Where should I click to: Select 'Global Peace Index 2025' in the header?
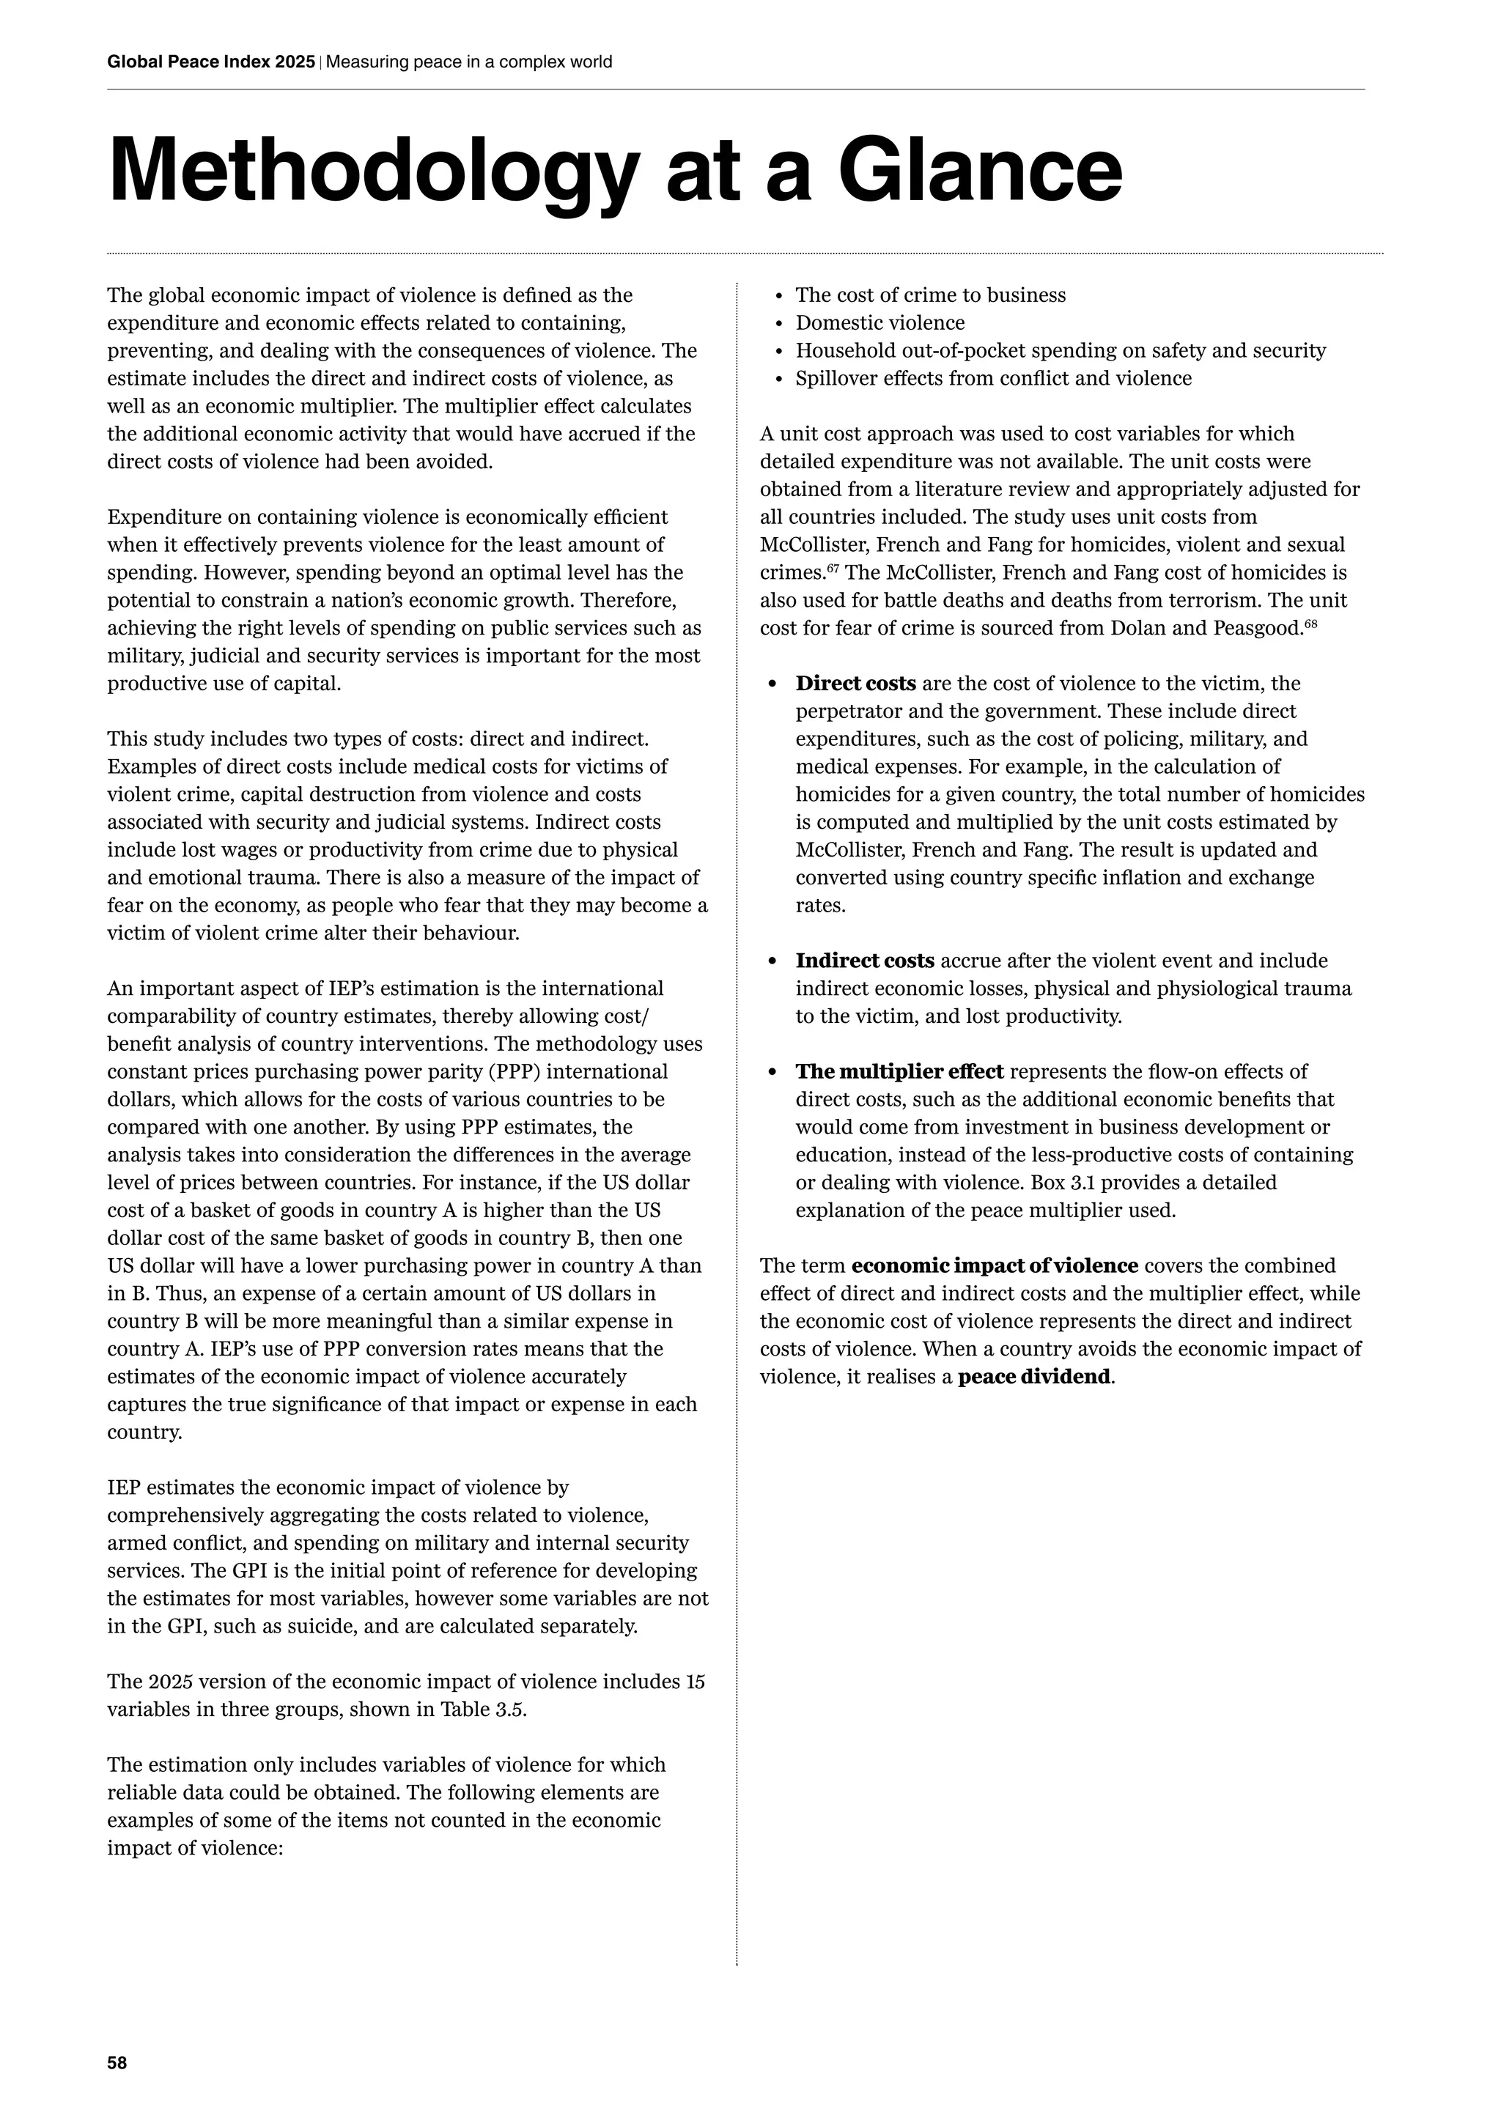pos(212,62)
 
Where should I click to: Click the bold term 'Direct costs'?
pos(855,684)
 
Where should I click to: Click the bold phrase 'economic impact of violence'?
pos(994,1266)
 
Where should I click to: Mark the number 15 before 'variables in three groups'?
pos(695,1682)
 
